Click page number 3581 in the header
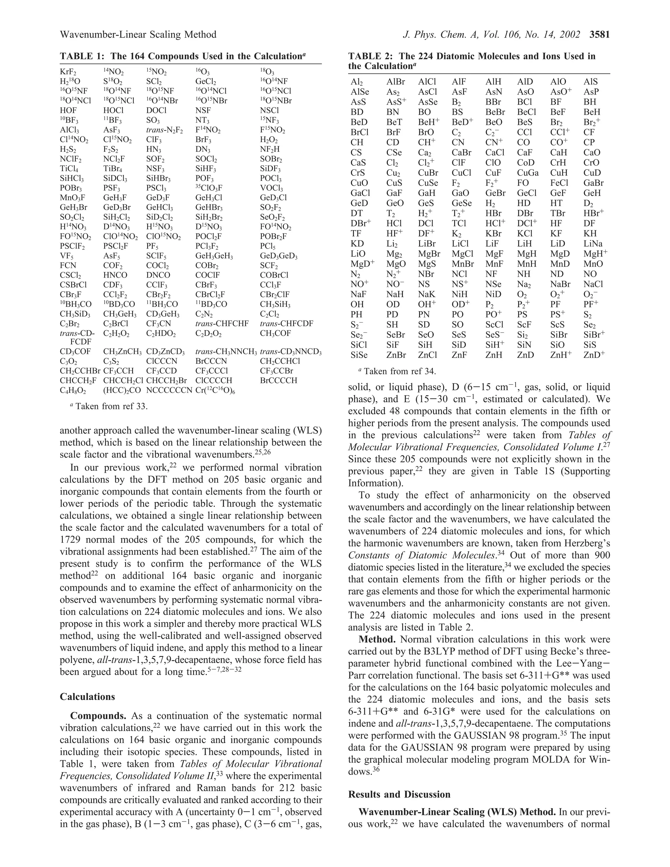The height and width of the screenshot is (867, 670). [599, 35]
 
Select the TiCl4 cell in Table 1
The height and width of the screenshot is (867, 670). [69, 169]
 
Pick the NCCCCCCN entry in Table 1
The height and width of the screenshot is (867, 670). [169, 390]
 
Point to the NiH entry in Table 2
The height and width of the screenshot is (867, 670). [460, 294]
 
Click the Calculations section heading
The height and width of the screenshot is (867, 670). [87, 697]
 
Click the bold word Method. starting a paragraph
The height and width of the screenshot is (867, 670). [378, 640]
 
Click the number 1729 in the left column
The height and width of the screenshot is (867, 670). [71, 540]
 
